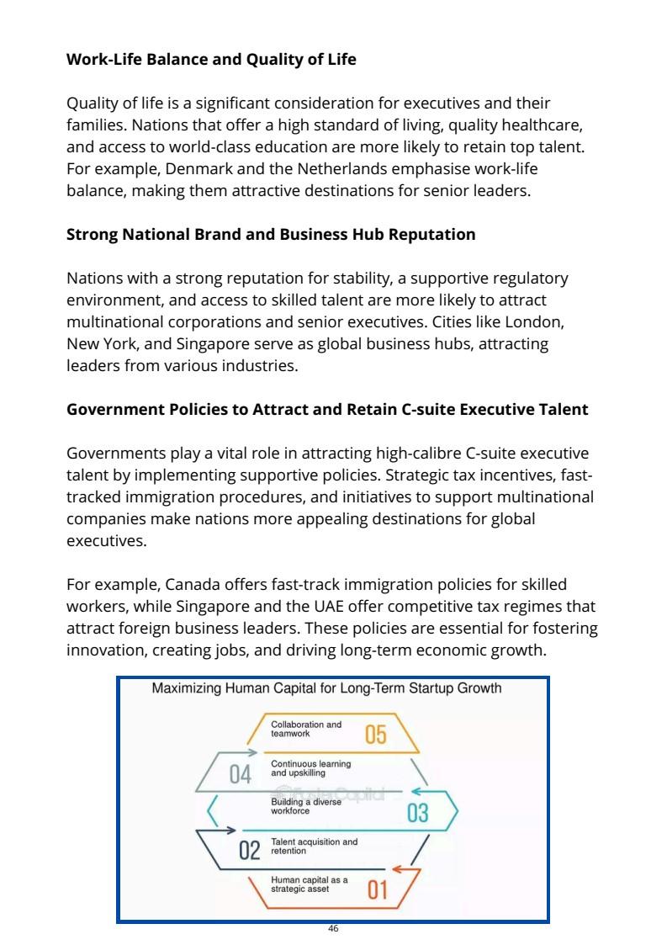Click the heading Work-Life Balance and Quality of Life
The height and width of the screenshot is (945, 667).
[x=211, y=59]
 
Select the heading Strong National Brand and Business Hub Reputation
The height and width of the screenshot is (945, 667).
[x=271, y=234]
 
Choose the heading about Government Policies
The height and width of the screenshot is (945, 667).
[x=327, y=409]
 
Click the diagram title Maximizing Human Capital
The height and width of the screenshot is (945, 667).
[x=326, y=688]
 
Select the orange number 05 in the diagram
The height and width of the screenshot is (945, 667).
[x=375, y=735]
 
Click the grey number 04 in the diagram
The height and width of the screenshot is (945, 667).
[x=241, y=774]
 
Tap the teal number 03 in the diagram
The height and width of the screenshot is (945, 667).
[x=417, y=813]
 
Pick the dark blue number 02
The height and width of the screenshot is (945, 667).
[x=250, y=850]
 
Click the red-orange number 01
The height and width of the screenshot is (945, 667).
[x=378, y=889]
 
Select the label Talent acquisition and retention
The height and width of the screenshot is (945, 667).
[x=313, y=846]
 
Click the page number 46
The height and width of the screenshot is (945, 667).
[x=333, y=928]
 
